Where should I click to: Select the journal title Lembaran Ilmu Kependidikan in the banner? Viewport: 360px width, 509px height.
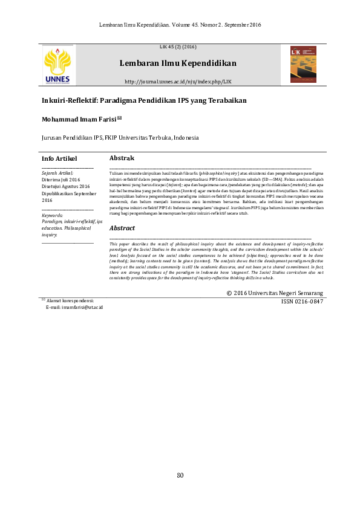tap(178, 63)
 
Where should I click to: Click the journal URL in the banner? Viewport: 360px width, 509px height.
tap(178, 81)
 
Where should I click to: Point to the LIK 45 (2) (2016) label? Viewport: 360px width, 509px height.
tap(178, 47)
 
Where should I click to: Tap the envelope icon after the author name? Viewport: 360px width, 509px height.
tap(119, 118)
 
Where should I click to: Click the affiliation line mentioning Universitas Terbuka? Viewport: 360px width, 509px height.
tap(120, 137)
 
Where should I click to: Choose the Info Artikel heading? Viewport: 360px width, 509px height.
tap(59, 158)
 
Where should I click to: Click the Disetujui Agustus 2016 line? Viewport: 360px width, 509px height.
tap(65, 186)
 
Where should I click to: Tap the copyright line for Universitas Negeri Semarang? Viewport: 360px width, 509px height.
tap(275, 293)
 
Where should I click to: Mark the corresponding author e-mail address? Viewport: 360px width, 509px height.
tap(74, 308)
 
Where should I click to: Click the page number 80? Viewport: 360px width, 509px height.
tap(180, 475)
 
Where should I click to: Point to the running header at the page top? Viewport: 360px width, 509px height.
tap(180, 24)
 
